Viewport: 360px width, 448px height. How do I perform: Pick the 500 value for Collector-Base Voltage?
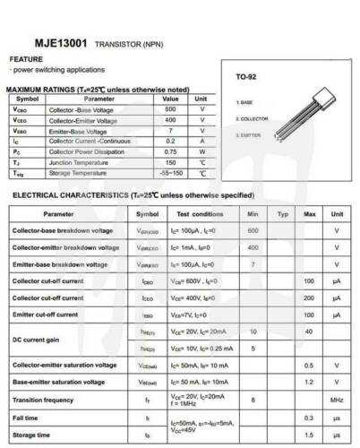point(171,108)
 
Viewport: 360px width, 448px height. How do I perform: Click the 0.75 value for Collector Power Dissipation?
point(171,152)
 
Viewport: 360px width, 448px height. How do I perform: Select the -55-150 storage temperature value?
point(171,174)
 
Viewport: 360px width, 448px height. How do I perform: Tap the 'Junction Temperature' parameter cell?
point(80,163)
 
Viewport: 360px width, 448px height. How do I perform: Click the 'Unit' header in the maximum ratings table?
point(202,99)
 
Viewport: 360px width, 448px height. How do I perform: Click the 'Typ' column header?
point(282,214)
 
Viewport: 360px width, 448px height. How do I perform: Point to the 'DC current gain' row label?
point(35,340)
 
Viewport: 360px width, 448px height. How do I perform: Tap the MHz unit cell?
point(337,399)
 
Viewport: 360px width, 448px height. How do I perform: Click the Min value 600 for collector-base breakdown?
point(253,231)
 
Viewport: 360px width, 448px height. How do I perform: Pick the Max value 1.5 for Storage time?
point(310,435)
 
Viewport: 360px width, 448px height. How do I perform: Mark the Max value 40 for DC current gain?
point(310,332)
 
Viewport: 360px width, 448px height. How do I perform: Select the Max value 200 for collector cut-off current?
point(310,297)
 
